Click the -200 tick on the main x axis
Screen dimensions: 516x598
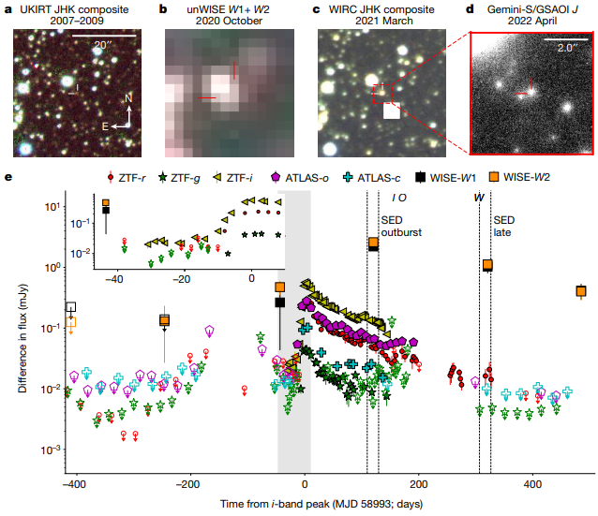click(x=188, y=487)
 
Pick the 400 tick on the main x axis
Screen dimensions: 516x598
click(x=533, y=487)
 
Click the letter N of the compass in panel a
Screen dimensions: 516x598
click(x=130, y=97)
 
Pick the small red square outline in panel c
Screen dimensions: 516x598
click(x=381, y=92)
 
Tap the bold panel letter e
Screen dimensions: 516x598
click(x=7, y=177)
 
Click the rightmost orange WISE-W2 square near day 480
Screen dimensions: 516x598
click(x=581, y=292)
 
